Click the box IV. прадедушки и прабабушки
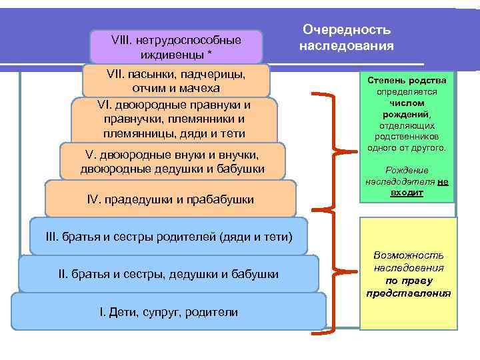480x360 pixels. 171,199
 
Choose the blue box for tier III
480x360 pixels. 169,237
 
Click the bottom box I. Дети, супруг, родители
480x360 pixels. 168,312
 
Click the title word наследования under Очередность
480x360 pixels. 347,46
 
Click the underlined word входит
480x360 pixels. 407,192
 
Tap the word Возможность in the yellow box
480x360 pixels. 409,255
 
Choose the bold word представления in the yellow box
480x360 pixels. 409,293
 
